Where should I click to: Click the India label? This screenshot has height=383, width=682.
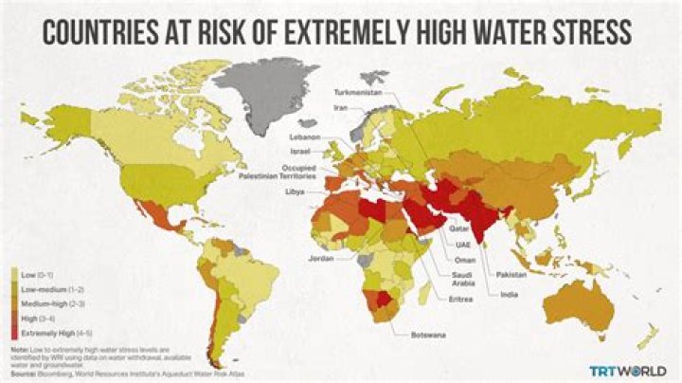tap(509, 294)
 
